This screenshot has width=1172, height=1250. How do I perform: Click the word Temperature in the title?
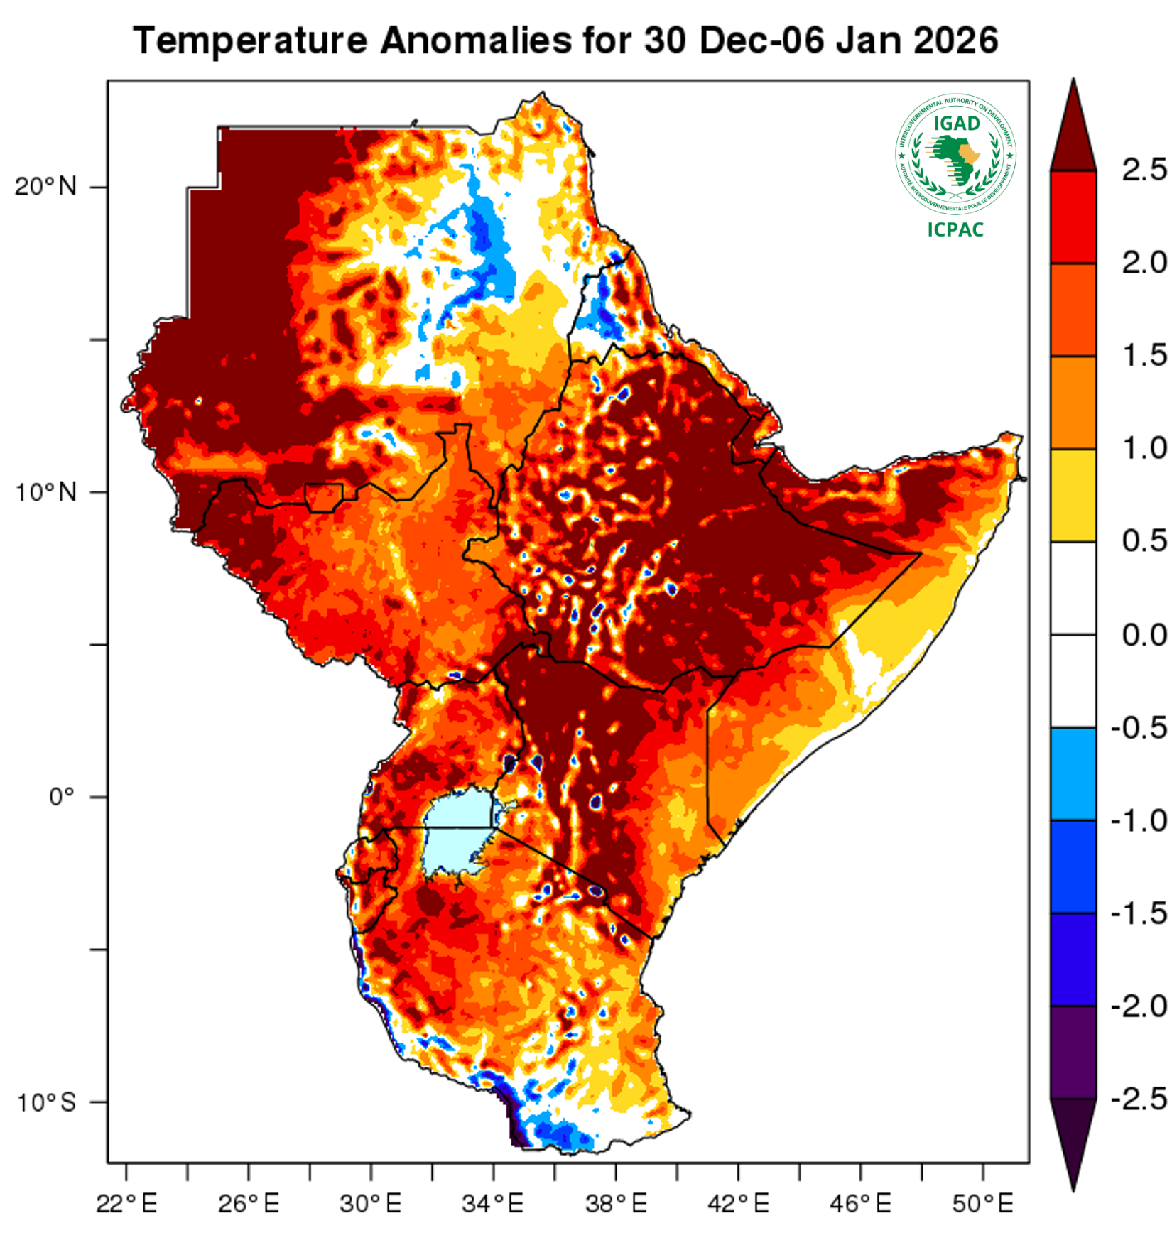point(249,40)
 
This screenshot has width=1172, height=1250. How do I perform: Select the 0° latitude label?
point(61,797)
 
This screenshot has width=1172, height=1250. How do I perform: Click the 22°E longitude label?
point(126,1204)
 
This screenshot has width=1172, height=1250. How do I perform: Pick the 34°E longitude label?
point(493,1204)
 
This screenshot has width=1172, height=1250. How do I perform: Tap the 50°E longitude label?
point(983,1204)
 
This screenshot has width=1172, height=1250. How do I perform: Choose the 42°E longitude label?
point(738,1204)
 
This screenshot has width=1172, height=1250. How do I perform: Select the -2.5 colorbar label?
point(1139,1099)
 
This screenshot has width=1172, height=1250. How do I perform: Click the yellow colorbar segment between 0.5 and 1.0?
point(1073,495)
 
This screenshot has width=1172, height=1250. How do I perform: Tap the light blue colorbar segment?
point(1073,773)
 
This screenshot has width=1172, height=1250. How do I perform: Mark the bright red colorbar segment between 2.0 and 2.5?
point(1073,217)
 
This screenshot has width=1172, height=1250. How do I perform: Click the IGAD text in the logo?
point(956,124)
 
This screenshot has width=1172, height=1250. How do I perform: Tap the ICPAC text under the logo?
point(955,229)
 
